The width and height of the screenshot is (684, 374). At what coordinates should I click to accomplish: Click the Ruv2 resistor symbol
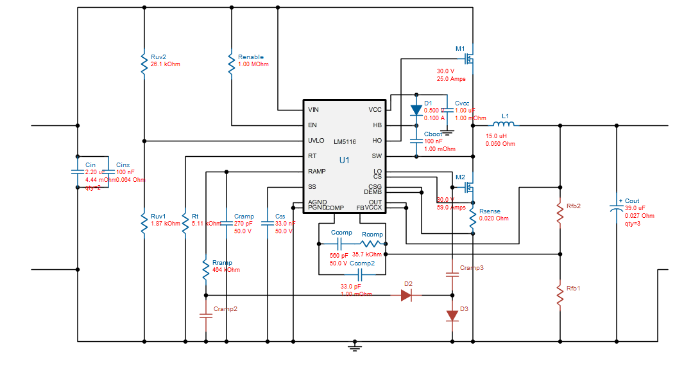[x=144, y=64]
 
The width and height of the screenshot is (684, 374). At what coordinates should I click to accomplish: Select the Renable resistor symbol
[x=231, y=64]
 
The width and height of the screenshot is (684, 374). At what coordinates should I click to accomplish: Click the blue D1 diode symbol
[x=416, y=110]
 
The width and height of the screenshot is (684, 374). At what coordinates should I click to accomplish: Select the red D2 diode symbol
[x=407, y=295]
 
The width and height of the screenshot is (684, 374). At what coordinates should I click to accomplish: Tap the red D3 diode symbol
[x=452, y=316]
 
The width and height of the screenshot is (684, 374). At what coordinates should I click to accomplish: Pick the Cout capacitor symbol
[x=617, y=208]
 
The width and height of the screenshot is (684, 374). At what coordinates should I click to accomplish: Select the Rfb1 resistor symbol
[x=560, y=296]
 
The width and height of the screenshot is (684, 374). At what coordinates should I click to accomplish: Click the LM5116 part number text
[x=345, y=141]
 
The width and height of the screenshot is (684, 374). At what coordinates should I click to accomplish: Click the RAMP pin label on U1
[x=316, y=172]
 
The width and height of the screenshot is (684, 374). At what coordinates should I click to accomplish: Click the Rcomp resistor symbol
[x=373, y=244]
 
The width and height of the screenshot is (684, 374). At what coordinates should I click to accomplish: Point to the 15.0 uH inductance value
[x=497, y=136]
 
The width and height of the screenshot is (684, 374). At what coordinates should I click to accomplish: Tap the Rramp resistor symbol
[x=205, y=269]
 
